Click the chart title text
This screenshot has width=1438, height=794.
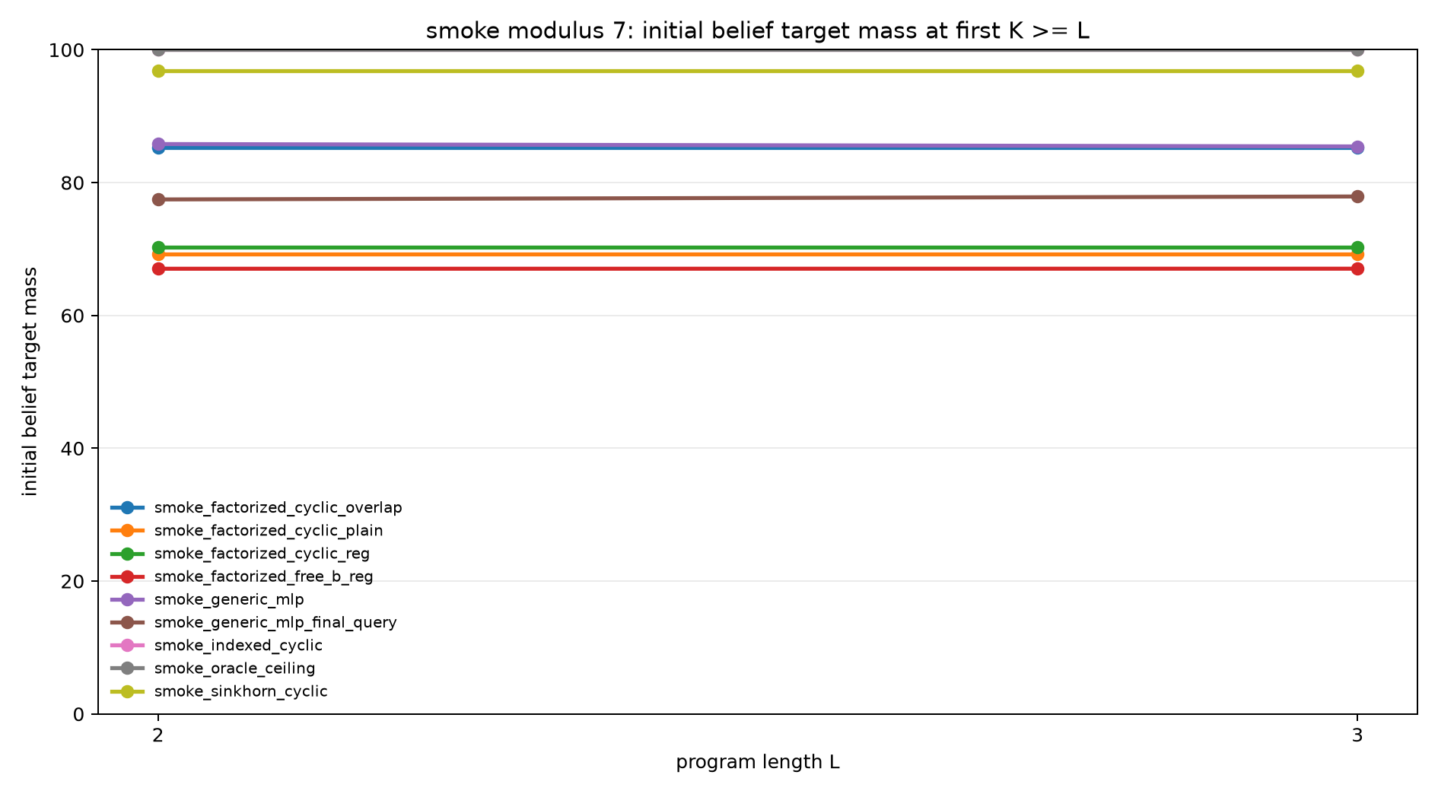coord(757,30)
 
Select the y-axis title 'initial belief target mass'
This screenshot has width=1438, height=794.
coord(30,381)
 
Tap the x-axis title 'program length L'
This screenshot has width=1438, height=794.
coord(758,762)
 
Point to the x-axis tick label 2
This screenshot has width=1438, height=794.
coord(158,735)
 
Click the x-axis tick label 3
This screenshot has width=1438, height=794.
coord(1357,735)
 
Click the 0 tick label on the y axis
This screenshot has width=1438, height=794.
coord(80,714)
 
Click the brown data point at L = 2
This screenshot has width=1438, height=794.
coord(158,199)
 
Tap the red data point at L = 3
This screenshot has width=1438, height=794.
coord(1357,268)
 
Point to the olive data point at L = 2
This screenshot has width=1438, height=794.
coord(158,71)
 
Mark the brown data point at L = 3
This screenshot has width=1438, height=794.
coord(1357,196)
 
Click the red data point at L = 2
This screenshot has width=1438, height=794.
coord(158,268)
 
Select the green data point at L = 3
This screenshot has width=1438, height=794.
coord(1357,247)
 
